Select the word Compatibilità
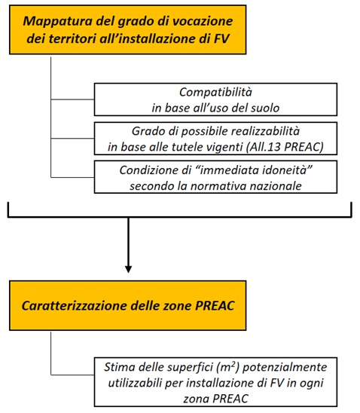(x=215, y=92)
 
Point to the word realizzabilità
(x=266, y=131)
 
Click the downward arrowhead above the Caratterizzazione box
(x=129, y=269)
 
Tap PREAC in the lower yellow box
(x=215, y=306)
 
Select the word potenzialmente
(x=285, y=367)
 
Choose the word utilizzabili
(x=135, y=383)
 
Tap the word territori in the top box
(x=73, y=38)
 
